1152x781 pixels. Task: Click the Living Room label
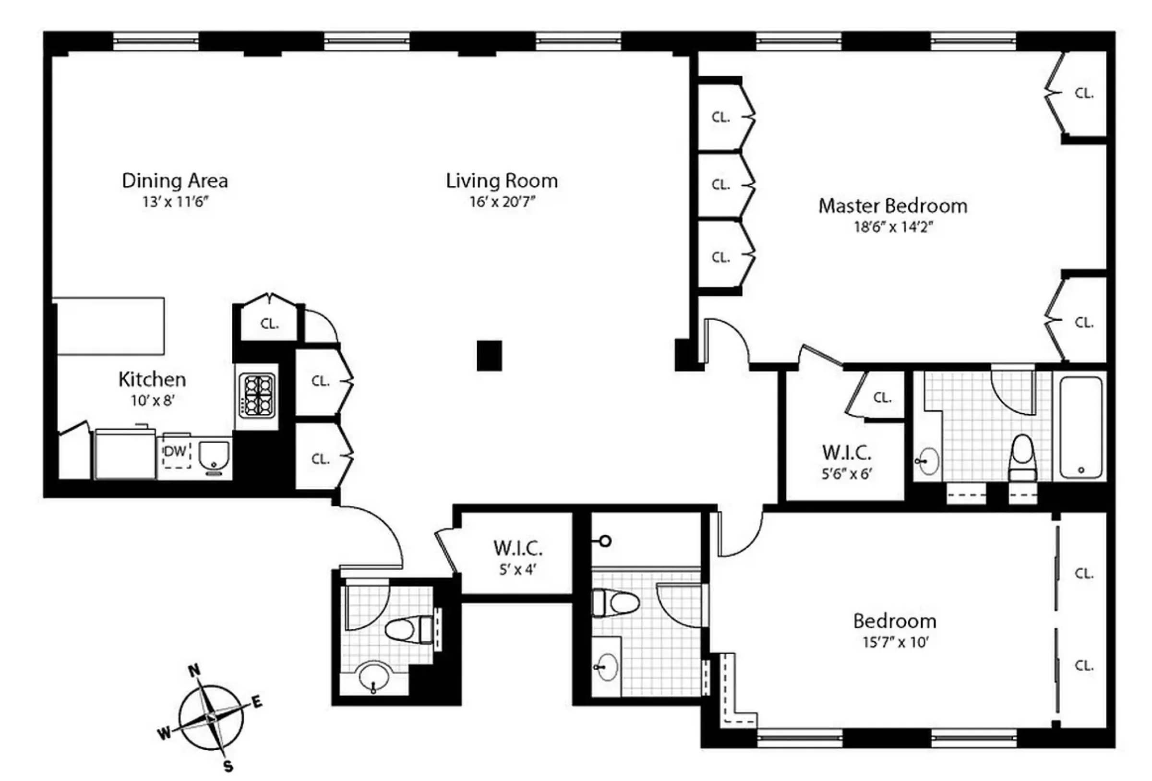click(502, 181)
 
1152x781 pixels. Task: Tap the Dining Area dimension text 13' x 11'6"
click(175, 202)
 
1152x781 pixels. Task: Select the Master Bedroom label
click(892, 206)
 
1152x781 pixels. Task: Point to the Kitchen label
click(152, 380)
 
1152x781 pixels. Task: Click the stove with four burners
click(257, 395)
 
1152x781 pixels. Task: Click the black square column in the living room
click(489, 356)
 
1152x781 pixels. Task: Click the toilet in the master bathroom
click(1022, 456)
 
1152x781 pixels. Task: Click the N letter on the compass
click(195, 671)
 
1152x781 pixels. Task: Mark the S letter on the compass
click(228, 766)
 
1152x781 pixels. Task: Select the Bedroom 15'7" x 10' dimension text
click(895, 643)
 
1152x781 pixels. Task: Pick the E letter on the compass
click(257, 702)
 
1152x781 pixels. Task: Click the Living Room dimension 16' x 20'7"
click(502, 202)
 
